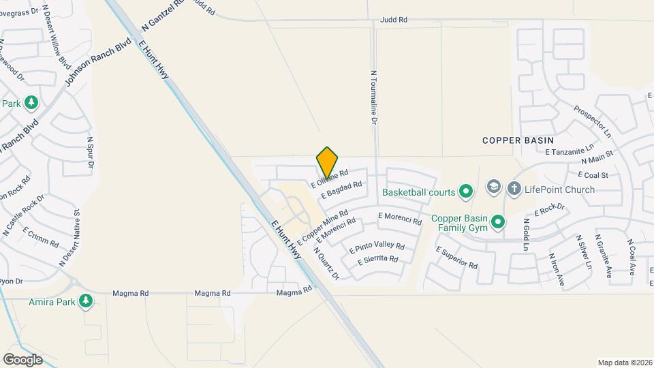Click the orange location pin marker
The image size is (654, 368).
tap(327, 162)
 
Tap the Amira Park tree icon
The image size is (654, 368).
tap(85, 301)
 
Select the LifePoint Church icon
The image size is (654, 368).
tap(493, 187)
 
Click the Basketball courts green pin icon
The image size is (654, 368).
tap(465, 191)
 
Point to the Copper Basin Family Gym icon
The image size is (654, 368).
tap(498, 222)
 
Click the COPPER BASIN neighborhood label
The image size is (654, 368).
tap(518, 140)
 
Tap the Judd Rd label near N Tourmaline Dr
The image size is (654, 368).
tap(393, 20)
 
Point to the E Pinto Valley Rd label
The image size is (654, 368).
tap(377, 248)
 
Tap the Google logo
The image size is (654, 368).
tap(22, 359)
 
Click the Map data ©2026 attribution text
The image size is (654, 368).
tap(624, 363)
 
